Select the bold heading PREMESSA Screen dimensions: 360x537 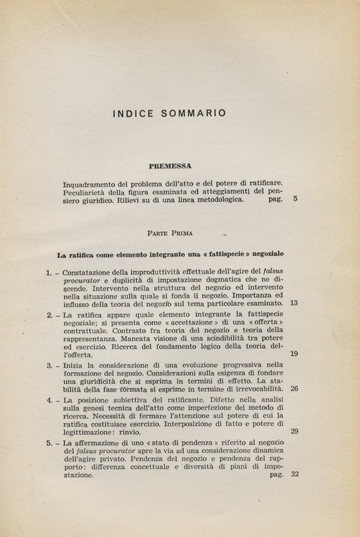click(170, 166)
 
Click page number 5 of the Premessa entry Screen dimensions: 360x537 click(295, 199)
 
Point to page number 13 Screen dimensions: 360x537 click(294, 303)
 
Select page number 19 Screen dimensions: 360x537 click(294, 354)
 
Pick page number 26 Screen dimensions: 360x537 click(294, 389)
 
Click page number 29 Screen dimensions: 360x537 click(294, 431)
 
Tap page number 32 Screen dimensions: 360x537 click(294, 474)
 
